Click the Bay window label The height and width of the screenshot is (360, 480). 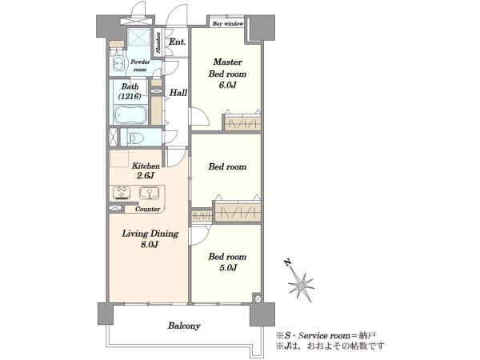[228, 23]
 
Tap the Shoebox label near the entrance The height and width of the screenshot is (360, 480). [158, 42]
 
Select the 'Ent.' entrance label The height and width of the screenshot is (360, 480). [178, 42]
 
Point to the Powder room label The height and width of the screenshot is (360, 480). [140, 66]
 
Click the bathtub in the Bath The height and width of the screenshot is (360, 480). [130, 114]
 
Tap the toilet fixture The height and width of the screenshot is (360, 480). [136, 138]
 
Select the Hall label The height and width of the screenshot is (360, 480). [178, 93]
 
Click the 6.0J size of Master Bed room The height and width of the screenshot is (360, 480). [227, 85]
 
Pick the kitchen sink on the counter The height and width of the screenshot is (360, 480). [150, 193]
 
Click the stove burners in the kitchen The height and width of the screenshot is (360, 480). [122, 193]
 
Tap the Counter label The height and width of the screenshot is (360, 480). [147, 209]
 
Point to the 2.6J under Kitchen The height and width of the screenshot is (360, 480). [145, 176]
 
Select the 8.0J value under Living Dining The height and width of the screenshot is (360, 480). [150, 245]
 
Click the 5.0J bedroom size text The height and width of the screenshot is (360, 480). [228, 268]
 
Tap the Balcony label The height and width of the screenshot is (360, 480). [184, 326]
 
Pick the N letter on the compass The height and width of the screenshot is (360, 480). [287, 262]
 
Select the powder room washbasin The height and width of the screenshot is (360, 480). [118, 62]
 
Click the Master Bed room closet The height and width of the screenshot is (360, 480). [242, 122]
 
